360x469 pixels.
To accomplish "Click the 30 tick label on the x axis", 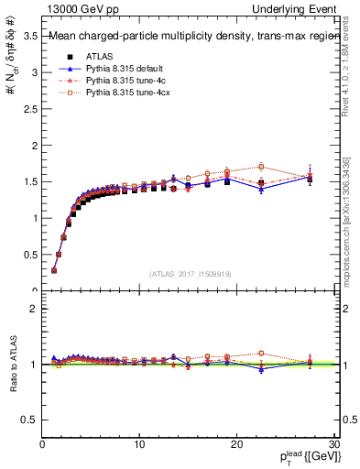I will click(334, 444).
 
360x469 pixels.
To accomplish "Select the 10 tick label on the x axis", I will click(139, 444).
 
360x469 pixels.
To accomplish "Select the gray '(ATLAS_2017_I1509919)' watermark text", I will click(190, 273).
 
